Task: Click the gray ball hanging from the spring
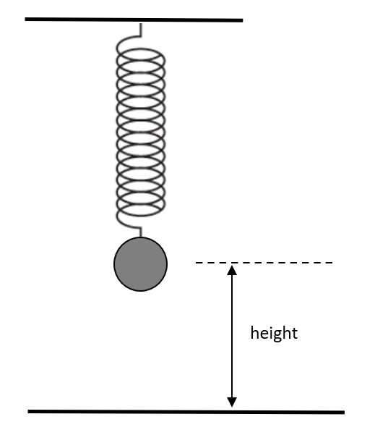tap(140, 264)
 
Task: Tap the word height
tap(274, 334)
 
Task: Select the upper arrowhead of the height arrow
tap(232, 270)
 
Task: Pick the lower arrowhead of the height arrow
tap(232, 402)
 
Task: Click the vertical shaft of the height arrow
tap(232, 337)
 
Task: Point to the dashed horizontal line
tap(264, 263)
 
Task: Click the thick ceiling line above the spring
tap(134, 20)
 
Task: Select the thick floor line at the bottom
tap(186, 412)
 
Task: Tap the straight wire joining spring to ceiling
tap(140, 30)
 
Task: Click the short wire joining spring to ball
tap(140, 232)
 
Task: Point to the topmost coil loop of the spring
tap(141, 54)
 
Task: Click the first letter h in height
tap(254, 333)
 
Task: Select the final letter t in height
tap(295, 334)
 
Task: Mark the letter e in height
tap(264, 334)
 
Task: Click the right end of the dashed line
tap(332, 263)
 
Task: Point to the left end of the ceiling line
tap(25, 19)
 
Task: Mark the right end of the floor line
tap(344, 413)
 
